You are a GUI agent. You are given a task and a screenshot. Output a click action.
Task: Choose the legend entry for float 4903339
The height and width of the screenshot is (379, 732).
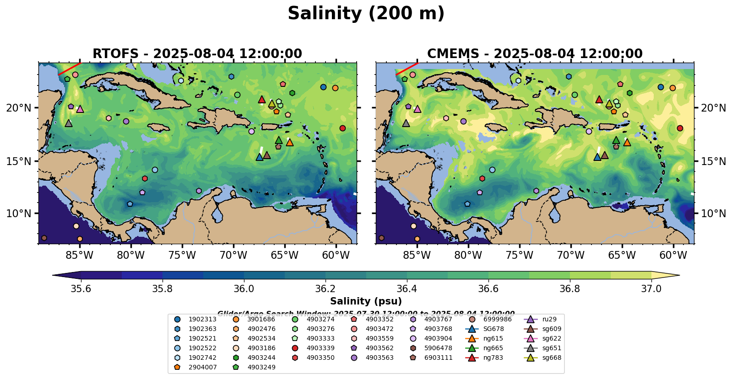pos(320,348)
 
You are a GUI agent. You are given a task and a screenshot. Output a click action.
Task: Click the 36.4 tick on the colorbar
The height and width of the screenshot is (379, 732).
pos(407,289)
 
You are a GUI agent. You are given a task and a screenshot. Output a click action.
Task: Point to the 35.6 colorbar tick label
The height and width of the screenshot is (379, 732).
pos(81,289)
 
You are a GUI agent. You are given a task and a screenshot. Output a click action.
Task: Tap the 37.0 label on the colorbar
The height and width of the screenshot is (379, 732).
pos(651,289)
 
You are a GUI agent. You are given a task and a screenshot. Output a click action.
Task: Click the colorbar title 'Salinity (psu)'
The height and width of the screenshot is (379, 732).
pos(366,301)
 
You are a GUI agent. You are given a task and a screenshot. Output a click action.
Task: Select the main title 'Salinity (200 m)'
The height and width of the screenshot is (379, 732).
pos(366,14)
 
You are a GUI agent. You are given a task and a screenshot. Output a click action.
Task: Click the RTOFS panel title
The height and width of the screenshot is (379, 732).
pos(197,54)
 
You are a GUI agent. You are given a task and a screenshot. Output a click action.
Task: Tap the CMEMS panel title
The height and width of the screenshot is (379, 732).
pos(535,54)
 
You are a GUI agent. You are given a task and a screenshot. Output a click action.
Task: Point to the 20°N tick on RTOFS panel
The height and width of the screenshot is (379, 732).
pos(19,108)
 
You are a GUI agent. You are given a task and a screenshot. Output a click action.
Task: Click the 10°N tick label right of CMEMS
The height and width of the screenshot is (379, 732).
pos(713,214)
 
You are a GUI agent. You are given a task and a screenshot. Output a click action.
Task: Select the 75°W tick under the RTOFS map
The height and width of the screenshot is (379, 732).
pos(182,255)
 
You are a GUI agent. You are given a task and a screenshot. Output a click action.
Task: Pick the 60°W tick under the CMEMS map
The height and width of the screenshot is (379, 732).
pos(673,255)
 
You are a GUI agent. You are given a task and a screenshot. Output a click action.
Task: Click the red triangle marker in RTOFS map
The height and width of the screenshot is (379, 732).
pos(261,99)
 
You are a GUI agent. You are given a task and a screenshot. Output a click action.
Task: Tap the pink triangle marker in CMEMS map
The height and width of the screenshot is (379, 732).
pos(417,109)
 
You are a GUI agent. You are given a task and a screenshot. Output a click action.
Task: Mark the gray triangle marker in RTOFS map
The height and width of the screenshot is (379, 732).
pos(69,123)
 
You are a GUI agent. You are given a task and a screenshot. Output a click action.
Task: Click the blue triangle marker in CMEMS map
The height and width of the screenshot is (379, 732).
pos(597,157)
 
